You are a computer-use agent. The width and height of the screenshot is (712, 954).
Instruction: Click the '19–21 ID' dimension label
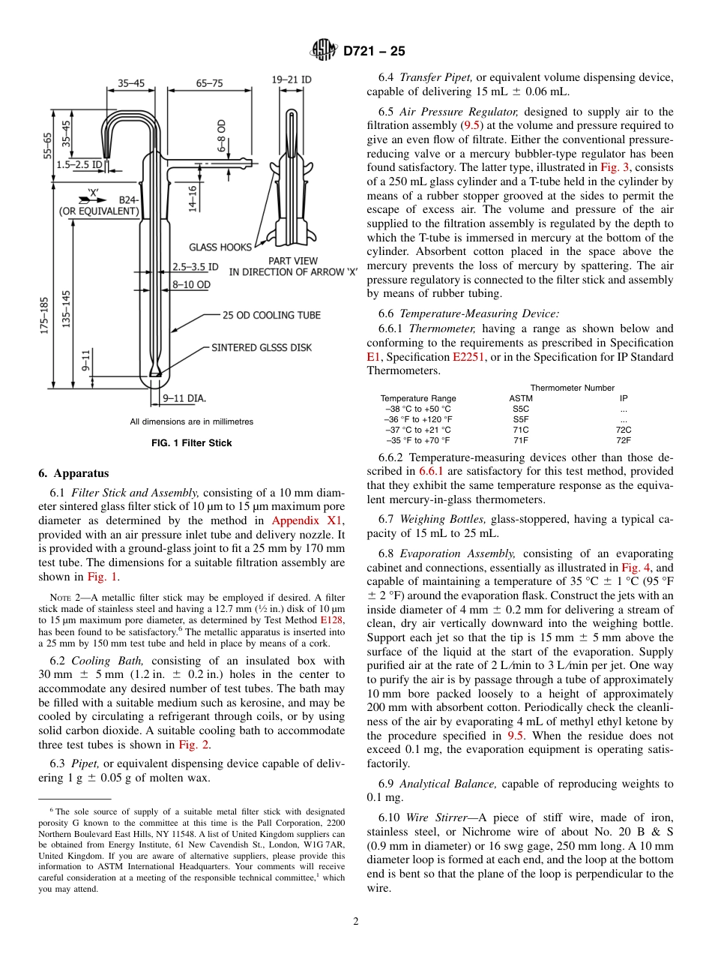tap(292, 79)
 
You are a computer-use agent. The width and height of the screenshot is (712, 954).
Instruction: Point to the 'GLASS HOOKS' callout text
tap(220, 247)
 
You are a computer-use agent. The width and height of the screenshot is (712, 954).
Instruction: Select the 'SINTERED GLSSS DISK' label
tap(262, 347)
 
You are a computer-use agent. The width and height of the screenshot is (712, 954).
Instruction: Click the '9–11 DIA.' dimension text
tap(184, 397)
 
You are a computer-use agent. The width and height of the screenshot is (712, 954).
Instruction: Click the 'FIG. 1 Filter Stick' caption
tap(191, 443)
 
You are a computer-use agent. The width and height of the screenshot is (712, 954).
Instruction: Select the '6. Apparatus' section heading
tap(73, 473)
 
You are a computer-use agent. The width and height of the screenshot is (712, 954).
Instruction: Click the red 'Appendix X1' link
tap(307, 520)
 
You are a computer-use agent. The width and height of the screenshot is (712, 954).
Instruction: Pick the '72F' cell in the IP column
tap(623, 440)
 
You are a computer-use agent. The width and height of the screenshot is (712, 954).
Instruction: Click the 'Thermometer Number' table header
tap(572, 388)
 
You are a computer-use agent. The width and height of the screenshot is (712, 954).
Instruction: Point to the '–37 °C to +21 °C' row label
tap(418, 430)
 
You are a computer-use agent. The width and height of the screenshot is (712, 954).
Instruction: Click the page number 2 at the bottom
tap(356, 921)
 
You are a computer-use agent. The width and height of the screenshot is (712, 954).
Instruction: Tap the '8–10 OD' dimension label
tap(192, 284)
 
